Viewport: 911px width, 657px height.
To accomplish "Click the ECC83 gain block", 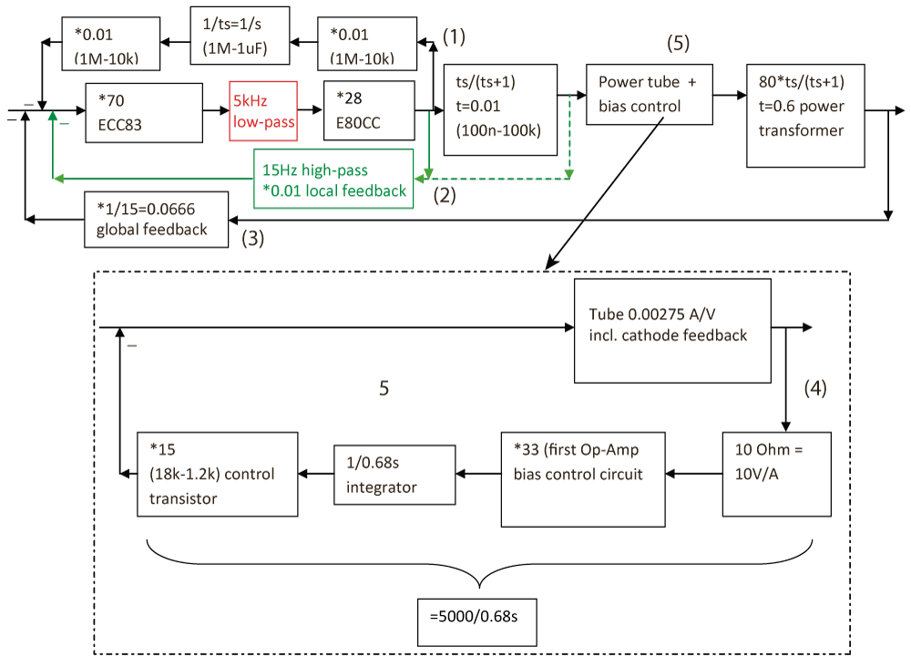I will click(x=142, y=112).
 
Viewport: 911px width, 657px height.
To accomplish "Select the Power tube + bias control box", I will click(x=648, y=94).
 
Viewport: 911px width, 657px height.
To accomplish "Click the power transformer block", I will click(x=804, y=115).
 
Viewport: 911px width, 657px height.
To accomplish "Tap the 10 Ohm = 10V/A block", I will click(x=777, y=472).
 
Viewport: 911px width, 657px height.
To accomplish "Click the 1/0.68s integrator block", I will click(x=394, y=474).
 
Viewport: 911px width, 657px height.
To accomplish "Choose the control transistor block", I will click(x=218, y=474).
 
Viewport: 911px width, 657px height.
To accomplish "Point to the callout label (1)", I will click(x=454, y=36).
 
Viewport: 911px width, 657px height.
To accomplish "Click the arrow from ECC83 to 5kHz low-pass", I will click(x=215, y=111).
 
